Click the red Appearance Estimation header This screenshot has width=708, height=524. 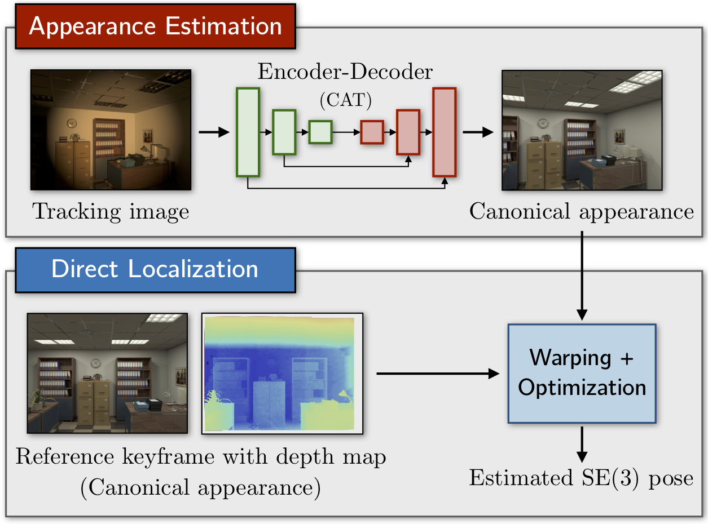click(x=155, y=26)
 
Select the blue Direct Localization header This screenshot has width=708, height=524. click(x=155, y=269)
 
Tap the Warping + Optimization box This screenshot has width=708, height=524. click(x=582, y=373)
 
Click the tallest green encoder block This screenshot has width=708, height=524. click(x=248, y=132)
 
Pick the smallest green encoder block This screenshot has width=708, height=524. click(x=320, y=132)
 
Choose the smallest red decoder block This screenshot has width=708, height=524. click(x=372, y=132)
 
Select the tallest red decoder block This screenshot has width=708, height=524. click(x=444, y=132)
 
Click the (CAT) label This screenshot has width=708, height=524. click(x=346, y=101)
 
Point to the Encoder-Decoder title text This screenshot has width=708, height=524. click(x=345, y=72)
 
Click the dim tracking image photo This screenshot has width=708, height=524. click(x=111, y=130)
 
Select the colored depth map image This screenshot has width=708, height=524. click(x=282, y=373)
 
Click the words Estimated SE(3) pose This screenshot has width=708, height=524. click(x=582, y=478)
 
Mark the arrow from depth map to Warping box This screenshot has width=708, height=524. click(x=437, y=373)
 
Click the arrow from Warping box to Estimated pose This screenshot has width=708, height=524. click(x=582, y=443)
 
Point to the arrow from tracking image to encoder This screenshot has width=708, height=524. click(x=213, y=132)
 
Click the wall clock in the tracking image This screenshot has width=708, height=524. click(x=71, y=123)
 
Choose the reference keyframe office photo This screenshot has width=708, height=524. click(x=107, y=373)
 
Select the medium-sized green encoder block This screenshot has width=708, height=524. click(x=284, y=132)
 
